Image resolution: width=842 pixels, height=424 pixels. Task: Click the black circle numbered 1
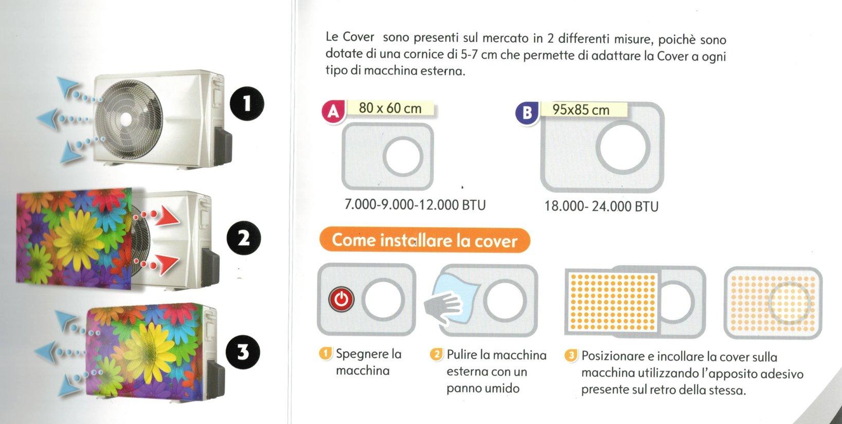246,104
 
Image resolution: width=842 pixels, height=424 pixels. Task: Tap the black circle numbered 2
244,238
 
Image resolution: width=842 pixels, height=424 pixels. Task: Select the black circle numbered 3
243,352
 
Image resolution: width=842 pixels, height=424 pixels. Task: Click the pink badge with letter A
333,112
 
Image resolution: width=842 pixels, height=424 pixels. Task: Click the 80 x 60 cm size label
390,108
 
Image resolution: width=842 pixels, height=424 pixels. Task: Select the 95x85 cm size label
581,109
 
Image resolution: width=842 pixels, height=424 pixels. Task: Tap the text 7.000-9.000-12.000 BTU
415,205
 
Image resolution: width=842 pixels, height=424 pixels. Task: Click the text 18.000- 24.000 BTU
601,207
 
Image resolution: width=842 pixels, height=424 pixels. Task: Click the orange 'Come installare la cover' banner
425,241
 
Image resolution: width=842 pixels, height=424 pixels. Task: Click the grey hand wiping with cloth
443,307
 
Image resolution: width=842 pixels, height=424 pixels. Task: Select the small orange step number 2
436,355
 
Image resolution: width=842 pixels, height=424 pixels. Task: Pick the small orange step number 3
571,356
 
